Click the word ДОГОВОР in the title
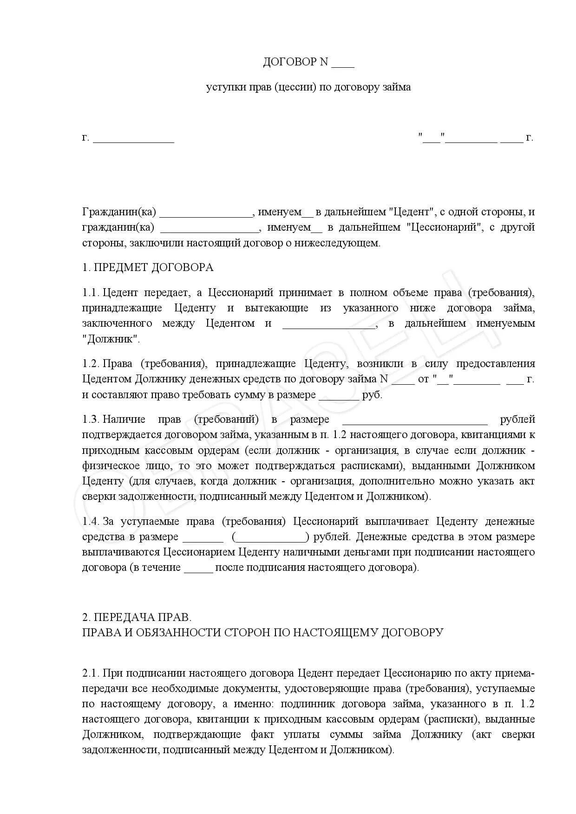tap(289, 62)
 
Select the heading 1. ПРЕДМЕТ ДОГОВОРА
tap(148, 267)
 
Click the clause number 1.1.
tap(91, 293)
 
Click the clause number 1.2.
tap(91, 364)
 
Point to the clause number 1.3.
tap(91, 420)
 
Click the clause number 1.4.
tap(91, 522)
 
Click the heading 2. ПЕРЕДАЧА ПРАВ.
tap(137, 618)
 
